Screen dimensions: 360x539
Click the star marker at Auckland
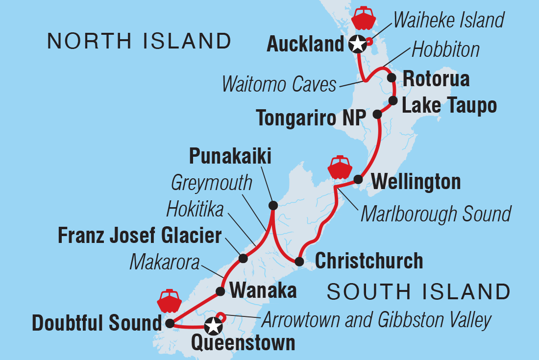[x=358, y=45]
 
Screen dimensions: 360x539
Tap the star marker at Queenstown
[x=213, y=325]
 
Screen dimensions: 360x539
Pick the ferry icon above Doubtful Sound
[x=170, y=302]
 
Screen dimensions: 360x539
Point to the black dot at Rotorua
[x=391, y=77]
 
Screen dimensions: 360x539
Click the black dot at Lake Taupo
[x=392, y=101]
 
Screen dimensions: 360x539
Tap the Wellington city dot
[x=358, y=179]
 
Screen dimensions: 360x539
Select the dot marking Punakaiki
[x=273, y=205]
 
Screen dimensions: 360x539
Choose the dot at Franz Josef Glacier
[x=243, y=258]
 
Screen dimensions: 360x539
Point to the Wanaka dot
[x=220, y=291]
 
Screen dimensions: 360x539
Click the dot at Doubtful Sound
[x=170, y=323]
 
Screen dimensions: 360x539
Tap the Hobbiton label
[x=445, y=49]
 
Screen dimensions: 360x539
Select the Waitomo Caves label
[x=279, y=84]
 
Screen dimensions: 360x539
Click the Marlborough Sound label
[x=436, y=214]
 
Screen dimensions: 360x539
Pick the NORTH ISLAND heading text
[x=139, y=41]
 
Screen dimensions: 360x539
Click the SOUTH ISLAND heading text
[x=418, y=292]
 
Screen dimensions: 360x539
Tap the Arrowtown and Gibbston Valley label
[x=376, y=320]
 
